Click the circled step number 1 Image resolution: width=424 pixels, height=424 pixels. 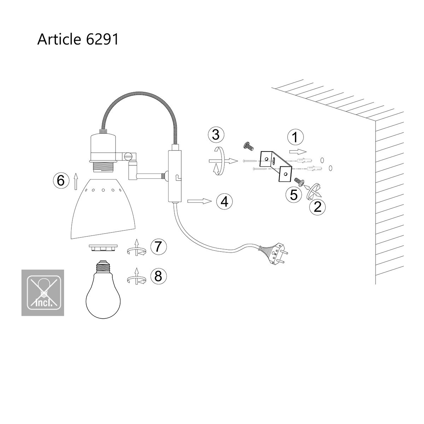[295, 137]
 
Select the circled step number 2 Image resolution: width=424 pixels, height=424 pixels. [317, 207]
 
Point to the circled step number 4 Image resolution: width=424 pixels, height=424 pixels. [224, 201]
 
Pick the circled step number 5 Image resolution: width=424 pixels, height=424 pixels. [294, 195]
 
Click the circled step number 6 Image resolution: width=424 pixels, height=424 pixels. [61, 181]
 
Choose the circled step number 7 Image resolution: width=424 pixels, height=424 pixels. [158, 246]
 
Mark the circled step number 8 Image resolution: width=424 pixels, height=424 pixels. [158, 276]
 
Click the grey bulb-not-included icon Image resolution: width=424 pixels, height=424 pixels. [43, 293]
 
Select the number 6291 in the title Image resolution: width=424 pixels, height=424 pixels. [102, 40]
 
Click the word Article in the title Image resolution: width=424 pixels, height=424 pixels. [59, 39]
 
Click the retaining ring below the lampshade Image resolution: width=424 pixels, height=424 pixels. [103, 248]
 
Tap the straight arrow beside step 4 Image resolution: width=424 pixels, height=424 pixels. [200, 201]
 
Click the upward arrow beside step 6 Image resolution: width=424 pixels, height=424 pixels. [76, 181]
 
